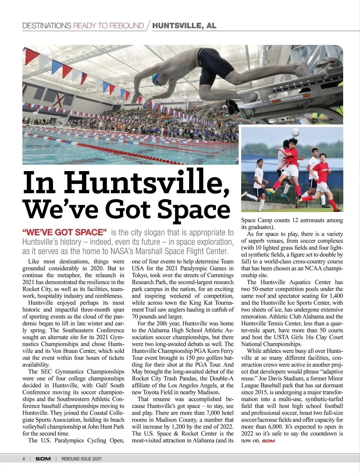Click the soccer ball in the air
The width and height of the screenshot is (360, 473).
[x=295, y=132]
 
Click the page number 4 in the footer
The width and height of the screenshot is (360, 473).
[x=24, y=459]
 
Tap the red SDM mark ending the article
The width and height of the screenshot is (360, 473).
[x=268, y=441]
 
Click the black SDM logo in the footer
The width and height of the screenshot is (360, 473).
[x=43, y=459]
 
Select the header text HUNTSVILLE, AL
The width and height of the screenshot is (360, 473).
[x=184, y=26]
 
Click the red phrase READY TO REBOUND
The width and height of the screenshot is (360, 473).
[x=109, y=26]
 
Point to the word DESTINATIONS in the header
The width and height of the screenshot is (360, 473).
[x=46, y=26]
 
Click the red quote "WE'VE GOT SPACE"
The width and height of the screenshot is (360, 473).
[x=64, y=232]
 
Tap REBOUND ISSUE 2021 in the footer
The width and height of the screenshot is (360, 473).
[x=81, y=459]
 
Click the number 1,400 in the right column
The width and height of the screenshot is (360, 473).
[x=336, y=296]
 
